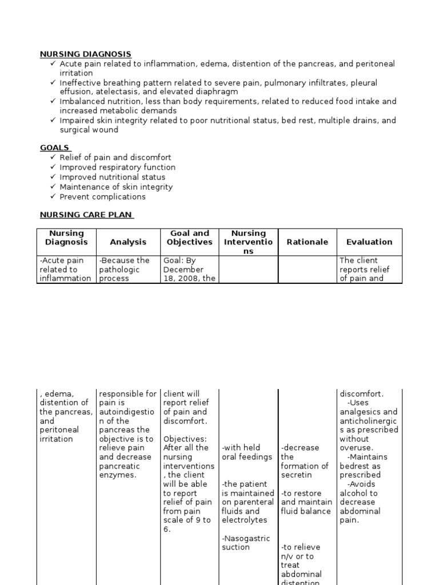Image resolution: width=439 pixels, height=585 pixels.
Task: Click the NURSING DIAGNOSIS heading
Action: tap(85, 54)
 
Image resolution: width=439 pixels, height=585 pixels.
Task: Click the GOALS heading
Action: tap(55, 147)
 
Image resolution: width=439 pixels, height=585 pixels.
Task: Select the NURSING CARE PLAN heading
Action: tap(86, 215)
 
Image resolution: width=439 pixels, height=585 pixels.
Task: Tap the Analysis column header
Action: tap(128, 242)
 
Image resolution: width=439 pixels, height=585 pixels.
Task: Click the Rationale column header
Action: tap(307, 242)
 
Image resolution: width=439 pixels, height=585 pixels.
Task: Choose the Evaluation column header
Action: tap(369, 242)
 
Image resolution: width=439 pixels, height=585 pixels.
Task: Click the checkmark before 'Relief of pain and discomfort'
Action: tap(53, 157)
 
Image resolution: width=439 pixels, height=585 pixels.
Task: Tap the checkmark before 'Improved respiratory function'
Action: tap(53, 167)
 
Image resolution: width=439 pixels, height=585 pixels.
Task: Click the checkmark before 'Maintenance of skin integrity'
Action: tap(53, 187)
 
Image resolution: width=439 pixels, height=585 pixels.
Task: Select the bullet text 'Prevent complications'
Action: tap(102, 197)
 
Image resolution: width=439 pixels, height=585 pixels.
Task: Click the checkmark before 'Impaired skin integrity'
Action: tap(53, 121)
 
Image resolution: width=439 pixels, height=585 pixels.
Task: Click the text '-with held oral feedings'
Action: tap(247, 452)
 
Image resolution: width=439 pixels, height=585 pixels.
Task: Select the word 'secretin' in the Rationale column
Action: tap(296, 475)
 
